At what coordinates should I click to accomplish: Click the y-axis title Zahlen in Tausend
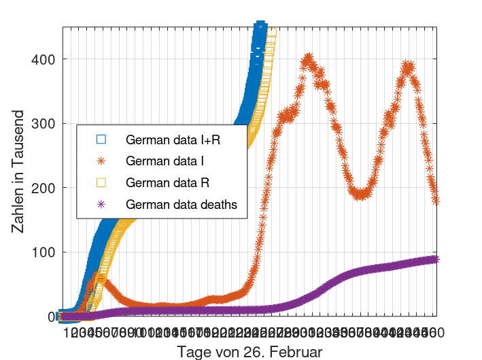tap(19, 171)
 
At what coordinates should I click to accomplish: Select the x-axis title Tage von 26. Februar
tap(249, 352)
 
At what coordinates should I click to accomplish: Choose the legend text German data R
tap(167, 183)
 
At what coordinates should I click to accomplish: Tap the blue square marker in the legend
tap(101, 140)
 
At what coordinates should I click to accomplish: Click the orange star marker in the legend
tap(101, 161)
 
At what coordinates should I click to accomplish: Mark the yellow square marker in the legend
tap(101, 183)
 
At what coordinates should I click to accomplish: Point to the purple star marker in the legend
tap(101, 204)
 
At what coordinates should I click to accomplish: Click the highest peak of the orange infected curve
tap(308, 58)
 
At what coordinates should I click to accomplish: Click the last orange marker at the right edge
tap(436, 201)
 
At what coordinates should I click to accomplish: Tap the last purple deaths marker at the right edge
tap(436, 259)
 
